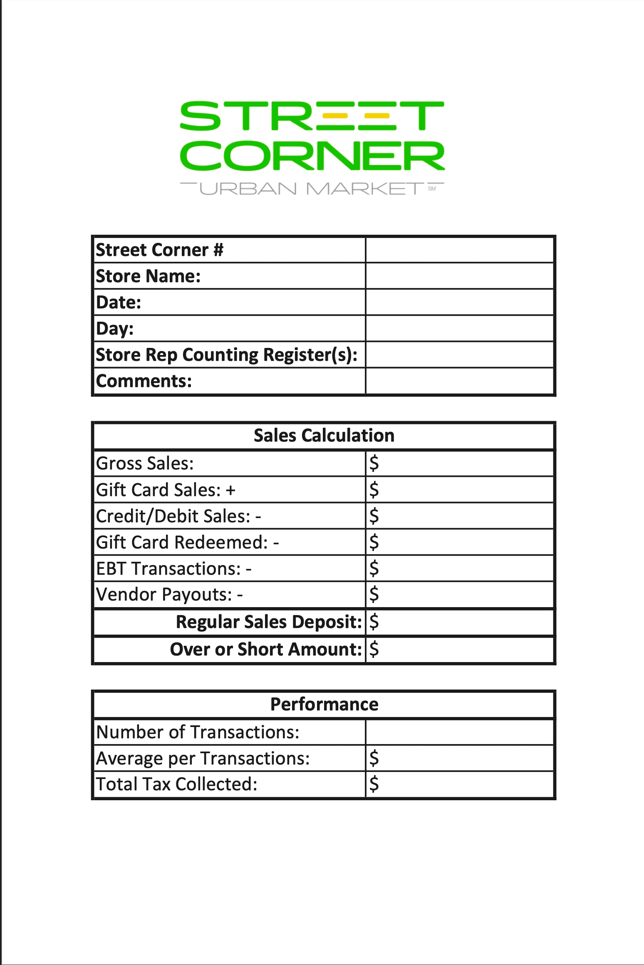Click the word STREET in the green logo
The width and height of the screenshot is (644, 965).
tap(312, 116)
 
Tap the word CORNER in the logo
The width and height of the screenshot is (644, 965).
tap(312, 156)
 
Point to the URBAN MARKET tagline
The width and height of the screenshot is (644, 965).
tap(312, 189)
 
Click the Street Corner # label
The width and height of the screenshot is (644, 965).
tap(160, 250)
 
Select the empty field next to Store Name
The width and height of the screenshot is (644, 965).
tap(459, 276)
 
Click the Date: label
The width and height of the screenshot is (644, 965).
tap(119, 303)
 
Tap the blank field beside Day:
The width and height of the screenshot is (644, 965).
tap(459, 329)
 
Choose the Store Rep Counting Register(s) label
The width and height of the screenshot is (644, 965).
tap(227, 355)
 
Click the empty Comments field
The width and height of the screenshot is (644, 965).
tap(459, 381)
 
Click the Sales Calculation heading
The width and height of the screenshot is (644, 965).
tap(324, 436)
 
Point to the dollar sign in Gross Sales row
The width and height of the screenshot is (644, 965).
tap(374, 463)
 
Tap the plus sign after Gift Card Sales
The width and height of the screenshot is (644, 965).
tap(230, 490)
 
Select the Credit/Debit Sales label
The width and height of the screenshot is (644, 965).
tap(173, 516)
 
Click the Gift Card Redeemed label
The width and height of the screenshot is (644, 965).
tap(182, 543)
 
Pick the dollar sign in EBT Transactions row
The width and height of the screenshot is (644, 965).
tap(374, 568)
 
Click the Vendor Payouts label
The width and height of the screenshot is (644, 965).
tap(164, 595)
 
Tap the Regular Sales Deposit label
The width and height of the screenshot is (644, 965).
tap(269, 622)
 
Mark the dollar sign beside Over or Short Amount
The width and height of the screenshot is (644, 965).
tap(374, 649)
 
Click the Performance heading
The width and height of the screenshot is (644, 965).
tap(324, 705)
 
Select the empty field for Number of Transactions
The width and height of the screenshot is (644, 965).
tap(459, 732)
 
